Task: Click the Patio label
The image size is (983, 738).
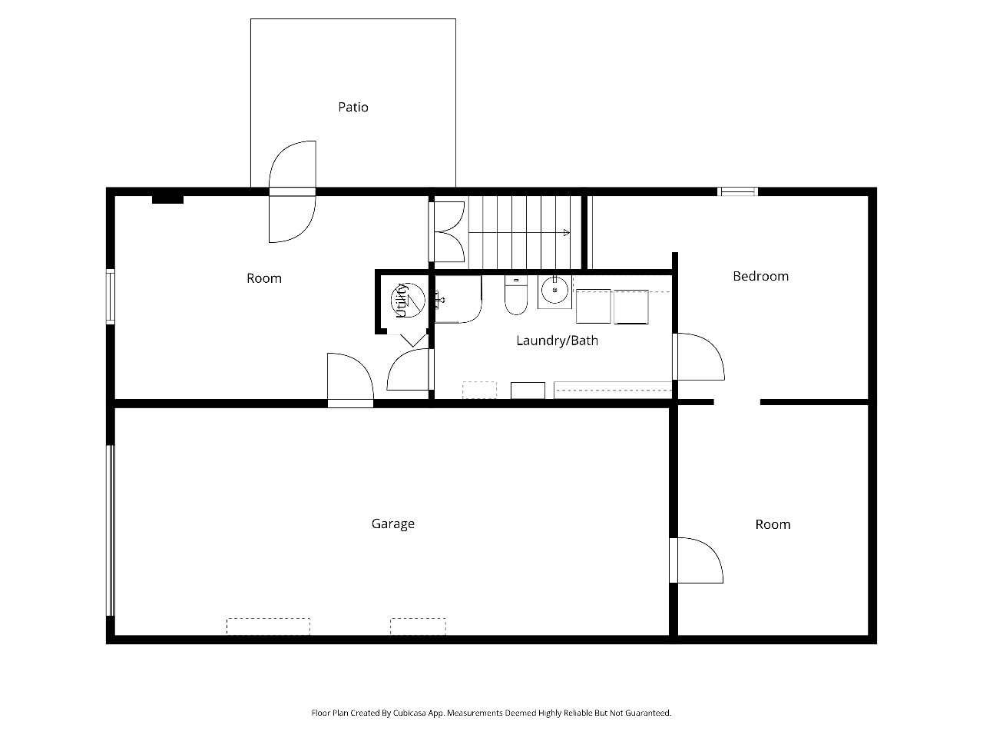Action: (353, 107)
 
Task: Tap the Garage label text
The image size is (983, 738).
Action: (392, 524)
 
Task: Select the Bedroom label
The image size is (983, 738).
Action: (760, 276)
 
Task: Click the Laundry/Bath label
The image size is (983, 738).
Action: (557, 341)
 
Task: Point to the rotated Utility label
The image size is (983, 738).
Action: (402, 301)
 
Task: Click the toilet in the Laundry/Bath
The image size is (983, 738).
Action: (516, 295)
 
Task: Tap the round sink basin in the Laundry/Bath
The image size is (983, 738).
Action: (555, 290)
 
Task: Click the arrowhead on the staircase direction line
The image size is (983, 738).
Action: (567, 233)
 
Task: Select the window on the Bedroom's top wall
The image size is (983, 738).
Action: (737, 191)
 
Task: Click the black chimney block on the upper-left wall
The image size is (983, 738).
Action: (167, 199)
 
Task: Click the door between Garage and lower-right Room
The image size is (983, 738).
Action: (697, 560)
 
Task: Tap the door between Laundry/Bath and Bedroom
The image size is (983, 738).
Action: (699, 357)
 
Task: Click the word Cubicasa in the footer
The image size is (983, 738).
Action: (409, 713)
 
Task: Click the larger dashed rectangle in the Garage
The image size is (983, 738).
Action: (268, 627)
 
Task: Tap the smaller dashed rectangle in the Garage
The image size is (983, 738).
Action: (418, 627)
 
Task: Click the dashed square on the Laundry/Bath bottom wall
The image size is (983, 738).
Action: (479, 390)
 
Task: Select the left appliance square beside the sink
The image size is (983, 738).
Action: (593, 307)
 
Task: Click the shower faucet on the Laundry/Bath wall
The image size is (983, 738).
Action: (438, 299)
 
